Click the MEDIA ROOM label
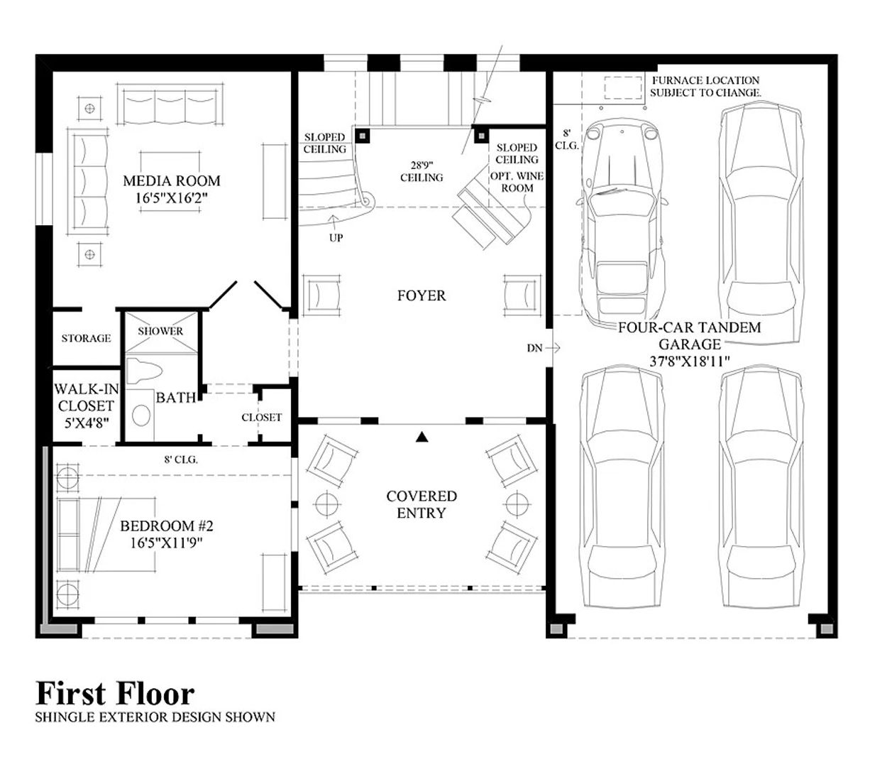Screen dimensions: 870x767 coord(171,180)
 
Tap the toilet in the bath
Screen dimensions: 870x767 coord(144,371)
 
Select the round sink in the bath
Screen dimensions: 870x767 coord(141,415)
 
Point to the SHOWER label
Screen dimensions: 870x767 coord(160,331)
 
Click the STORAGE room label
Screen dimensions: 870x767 coord(86,338)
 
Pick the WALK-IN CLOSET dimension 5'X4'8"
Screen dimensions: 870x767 coord(87,423)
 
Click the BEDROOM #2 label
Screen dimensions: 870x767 coord(166,526)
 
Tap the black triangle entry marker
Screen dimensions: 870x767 coord(422,437)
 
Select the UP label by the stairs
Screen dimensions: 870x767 coord(336,238)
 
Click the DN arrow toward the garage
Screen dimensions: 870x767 coord(555,347)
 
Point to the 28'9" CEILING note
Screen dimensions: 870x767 coord(422,171)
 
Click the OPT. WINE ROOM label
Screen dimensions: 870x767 coord(517,183)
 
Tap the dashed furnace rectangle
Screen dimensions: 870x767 coord(623,88)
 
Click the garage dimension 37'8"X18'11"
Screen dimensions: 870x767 coord(689,361)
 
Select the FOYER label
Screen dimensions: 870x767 coord(422,295)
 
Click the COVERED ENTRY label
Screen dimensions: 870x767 coord(422,504)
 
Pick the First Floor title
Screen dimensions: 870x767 coord(115,693)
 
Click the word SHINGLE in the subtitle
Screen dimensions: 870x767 coord(60,717)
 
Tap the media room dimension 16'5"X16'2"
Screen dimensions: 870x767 coord(171,198)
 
